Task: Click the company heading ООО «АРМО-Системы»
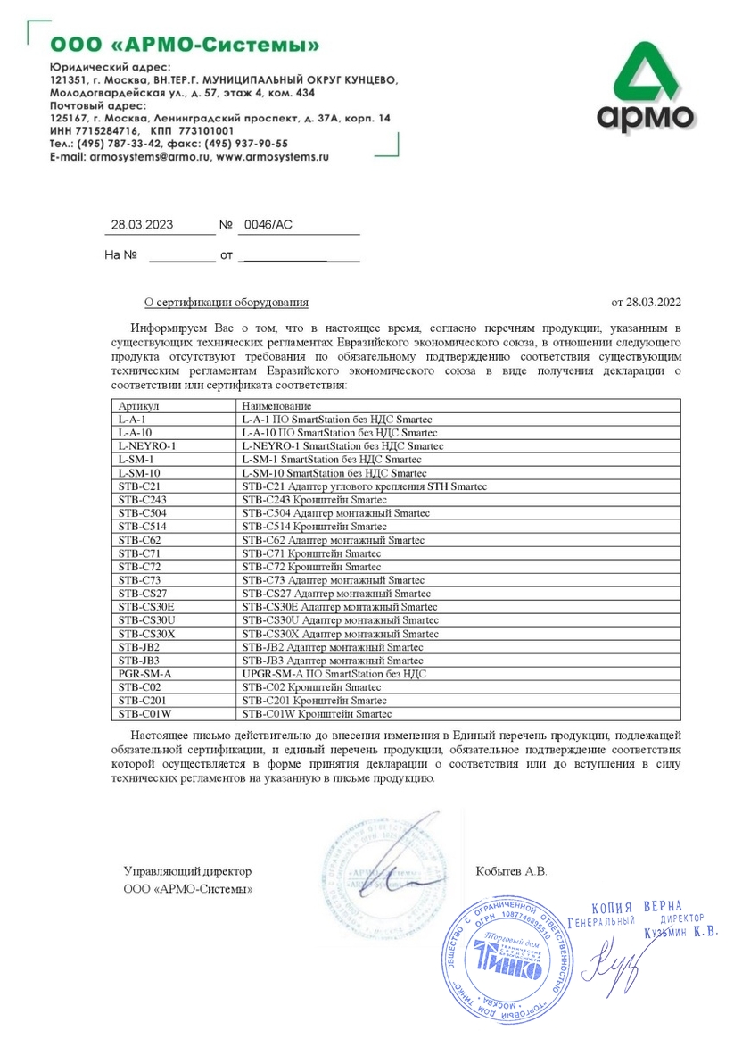tap(184, 45)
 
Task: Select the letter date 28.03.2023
tap(141, 225)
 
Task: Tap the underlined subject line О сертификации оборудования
tap(227, 303)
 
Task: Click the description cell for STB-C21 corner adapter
tap(368, 486)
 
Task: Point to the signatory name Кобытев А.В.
tap(512, 870)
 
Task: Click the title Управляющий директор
tap(187, 870)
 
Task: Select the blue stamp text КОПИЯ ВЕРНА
tap(635, 906)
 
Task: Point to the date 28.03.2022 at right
tap(647, 303)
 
